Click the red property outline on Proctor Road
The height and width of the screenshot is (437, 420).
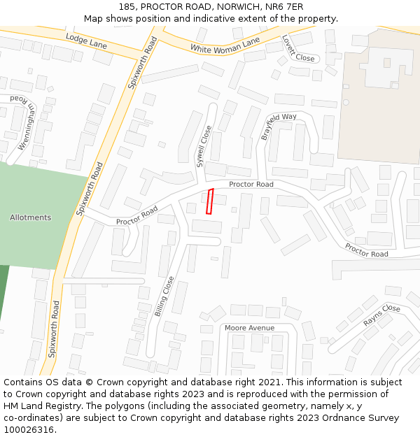(209, 201)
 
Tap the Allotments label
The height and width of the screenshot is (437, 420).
(30, 217)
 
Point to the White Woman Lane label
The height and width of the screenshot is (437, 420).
(225, 45)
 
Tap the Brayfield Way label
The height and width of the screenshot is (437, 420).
(279, 126)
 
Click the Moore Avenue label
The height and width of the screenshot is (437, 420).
(249, 327)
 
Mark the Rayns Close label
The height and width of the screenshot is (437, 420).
(381, 315)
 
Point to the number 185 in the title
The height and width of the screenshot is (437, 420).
(127, 6)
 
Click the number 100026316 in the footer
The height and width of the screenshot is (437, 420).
(29, 429)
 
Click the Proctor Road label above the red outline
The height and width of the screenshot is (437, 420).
(251, 184)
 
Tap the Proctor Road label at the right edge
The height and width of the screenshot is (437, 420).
(366, 250)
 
